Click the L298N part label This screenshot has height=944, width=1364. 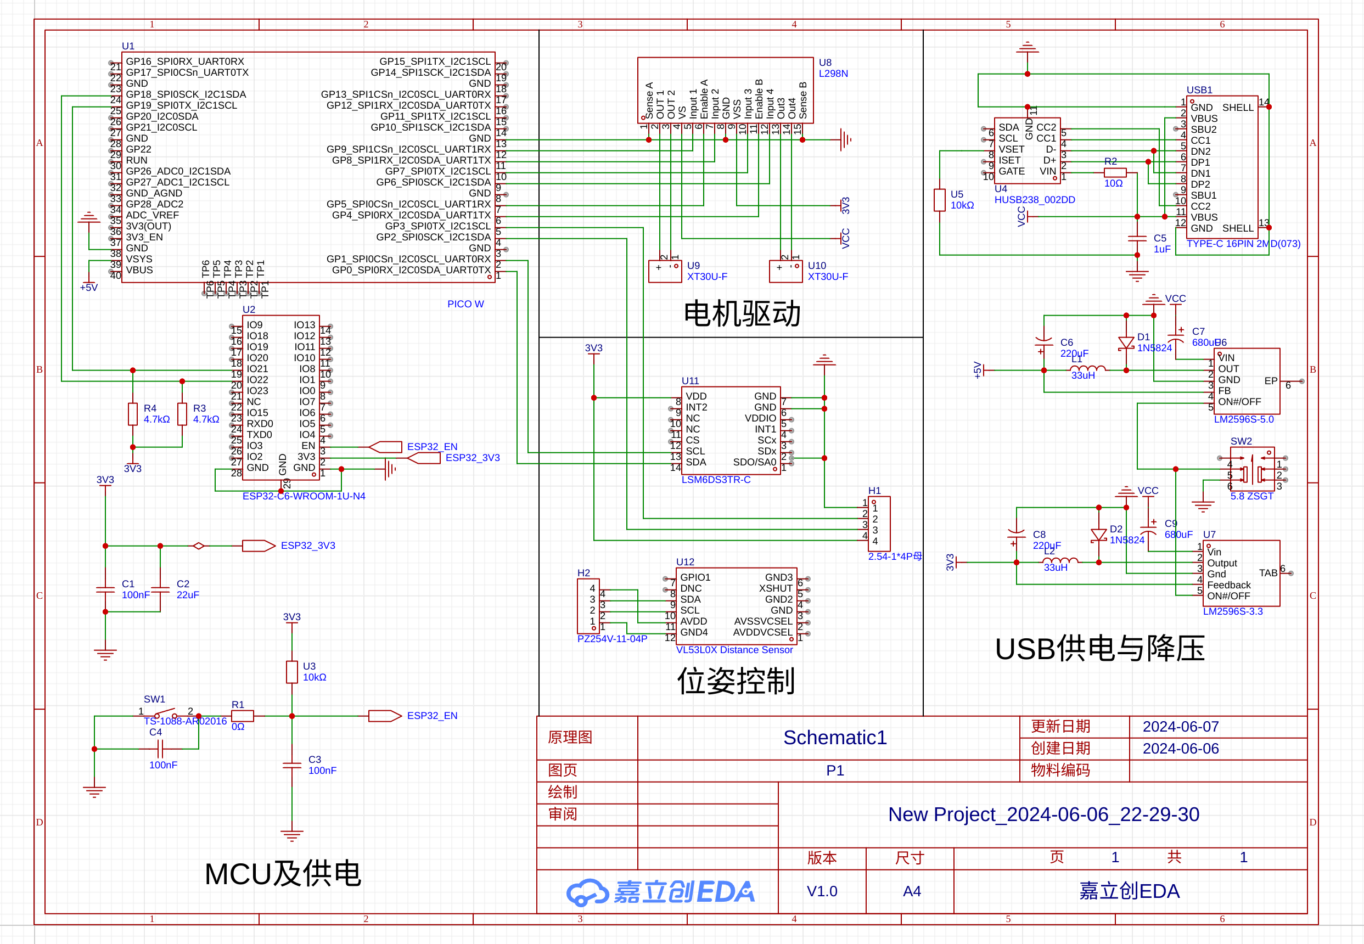[833, 74]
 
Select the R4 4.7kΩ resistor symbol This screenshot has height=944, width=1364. [133, 413]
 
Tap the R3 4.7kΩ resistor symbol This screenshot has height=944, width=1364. [182, 413]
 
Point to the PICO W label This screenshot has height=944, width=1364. [465, 304]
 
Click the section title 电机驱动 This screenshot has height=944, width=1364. [742, 313]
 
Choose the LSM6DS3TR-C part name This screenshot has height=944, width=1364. [716, 480]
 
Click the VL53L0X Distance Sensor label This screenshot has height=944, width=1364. [734, 649]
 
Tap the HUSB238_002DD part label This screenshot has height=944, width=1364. [1034, 200]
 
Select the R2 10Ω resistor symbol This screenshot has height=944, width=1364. [1114, 173]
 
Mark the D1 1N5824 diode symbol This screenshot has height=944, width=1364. [1126, 343]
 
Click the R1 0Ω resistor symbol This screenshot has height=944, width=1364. [243, 716]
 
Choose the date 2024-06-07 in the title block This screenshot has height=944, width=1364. [1180, 726]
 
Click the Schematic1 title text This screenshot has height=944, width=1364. [835, 738]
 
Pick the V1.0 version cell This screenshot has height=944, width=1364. [822, 891]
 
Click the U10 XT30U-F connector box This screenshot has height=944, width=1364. [785, 271]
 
